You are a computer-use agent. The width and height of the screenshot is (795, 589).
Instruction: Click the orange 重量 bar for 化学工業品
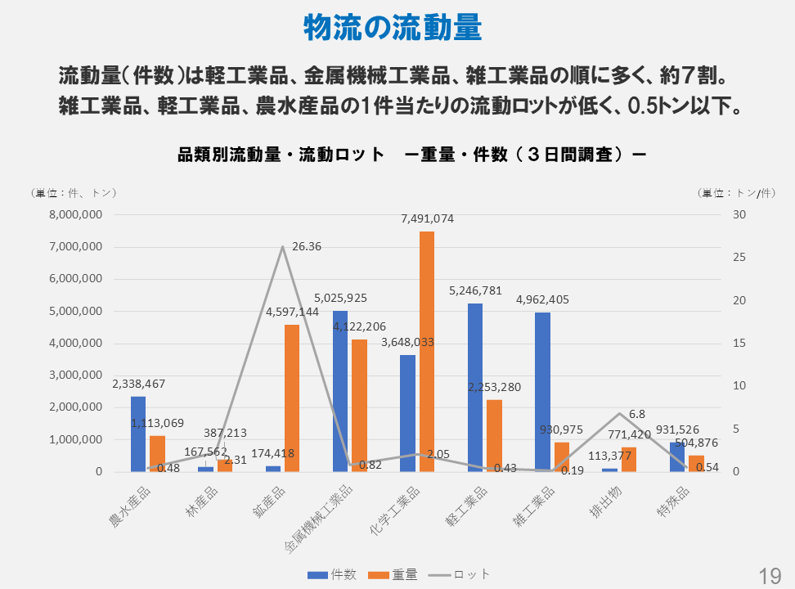click(x=427, y=352)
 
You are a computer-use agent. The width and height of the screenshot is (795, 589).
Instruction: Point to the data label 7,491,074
click(x=427, y=218)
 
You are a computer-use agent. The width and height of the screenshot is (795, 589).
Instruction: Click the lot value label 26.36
click(x=306, y=246)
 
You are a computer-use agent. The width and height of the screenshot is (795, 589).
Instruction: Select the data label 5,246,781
click(x=475, y=290)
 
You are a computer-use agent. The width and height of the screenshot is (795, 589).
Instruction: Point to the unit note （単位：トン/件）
click(x=736, y=193)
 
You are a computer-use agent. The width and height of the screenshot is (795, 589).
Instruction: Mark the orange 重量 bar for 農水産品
click(x=157, y=453)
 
